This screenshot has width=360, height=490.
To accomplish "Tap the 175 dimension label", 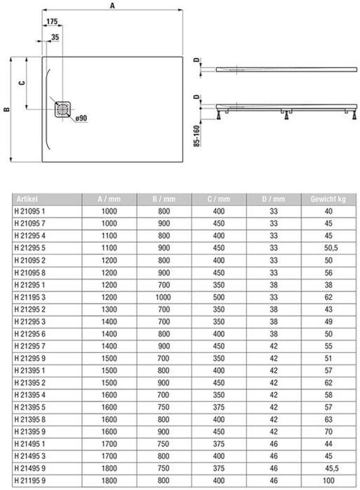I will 52,22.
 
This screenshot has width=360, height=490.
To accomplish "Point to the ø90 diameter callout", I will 80,118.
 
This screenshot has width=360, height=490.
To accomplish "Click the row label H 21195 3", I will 30,297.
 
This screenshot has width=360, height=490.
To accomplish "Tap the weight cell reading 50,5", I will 328,248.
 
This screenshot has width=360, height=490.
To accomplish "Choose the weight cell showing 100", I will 328,479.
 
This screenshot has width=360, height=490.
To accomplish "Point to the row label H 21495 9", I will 30,468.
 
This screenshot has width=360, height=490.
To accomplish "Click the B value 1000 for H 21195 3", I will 165,297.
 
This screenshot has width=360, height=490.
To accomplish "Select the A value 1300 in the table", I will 110,309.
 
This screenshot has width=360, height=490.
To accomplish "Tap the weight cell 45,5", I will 328,468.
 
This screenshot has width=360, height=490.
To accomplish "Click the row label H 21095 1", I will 30,211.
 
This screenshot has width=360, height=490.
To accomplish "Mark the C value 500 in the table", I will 219,297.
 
